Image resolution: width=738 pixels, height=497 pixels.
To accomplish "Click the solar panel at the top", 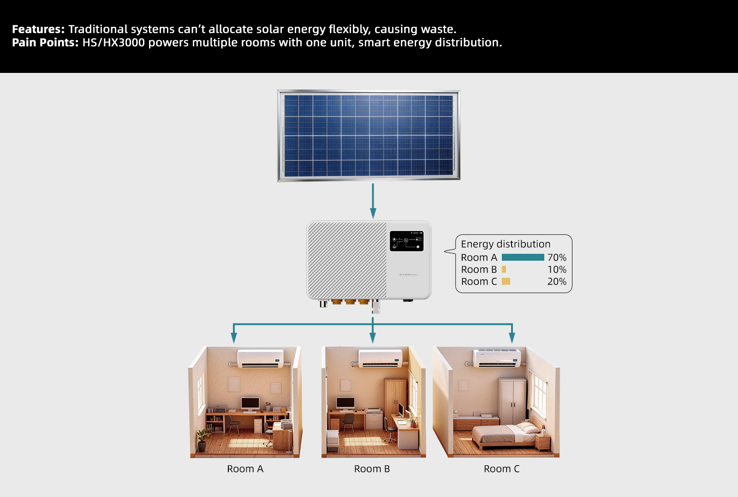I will tap(369, 136).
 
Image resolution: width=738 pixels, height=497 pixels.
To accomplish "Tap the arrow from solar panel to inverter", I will tap(373, 201).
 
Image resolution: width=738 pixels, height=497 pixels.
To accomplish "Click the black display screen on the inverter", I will tap(406, 241).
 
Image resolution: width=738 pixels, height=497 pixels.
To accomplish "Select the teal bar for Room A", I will tap(523, 257).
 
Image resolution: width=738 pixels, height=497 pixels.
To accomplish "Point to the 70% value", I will tap(557, 257).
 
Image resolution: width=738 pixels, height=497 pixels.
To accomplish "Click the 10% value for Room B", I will tap(557, 269).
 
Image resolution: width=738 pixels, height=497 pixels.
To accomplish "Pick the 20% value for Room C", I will tap(557, 281).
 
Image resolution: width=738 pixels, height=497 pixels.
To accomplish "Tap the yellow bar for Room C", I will tap(506, 281).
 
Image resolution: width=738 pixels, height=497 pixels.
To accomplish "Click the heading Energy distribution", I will tap(506, 244).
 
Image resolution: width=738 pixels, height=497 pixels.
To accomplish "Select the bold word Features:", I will tap(38, 29).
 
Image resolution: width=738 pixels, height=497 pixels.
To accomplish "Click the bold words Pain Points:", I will tap(45, 42).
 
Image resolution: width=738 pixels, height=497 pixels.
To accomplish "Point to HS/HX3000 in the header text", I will tap(113, 42).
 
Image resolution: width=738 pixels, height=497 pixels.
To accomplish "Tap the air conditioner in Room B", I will tap(381, 358).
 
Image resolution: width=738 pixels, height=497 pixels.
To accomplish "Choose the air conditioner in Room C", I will tap(497, 358).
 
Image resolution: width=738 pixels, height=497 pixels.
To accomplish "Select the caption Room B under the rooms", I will tap(372, 469).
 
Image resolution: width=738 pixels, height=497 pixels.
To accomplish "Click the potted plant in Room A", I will tap(202, 439).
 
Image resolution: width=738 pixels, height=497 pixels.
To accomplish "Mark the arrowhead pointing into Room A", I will tap(234, 338).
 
